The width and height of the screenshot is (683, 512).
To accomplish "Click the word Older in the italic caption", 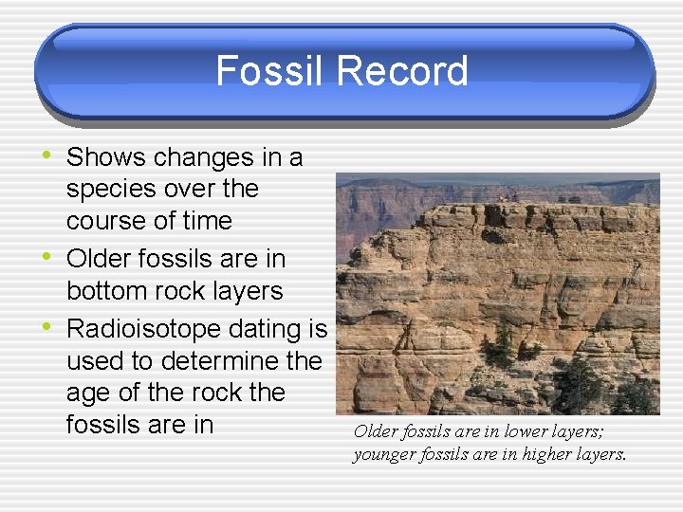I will [374, 431].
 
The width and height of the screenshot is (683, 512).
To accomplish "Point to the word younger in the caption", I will [385, 454].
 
